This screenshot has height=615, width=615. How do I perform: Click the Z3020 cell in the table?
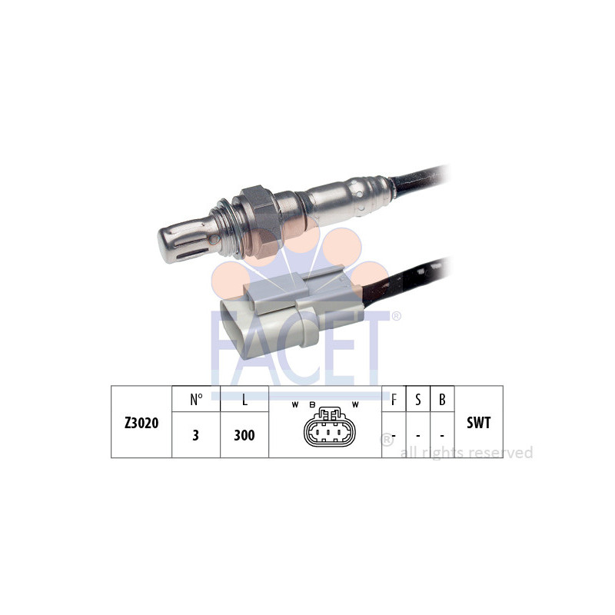point(141,422)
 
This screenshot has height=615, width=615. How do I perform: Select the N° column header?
point(196,400)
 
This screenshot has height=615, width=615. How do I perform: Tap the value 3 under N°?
point(196,435)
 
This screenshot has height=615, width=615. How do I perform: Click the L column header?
point(244,400)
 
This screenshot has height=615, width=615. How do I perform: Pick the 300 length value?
point(244,435)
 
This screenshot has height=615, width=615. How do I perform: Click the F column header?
point(394,400)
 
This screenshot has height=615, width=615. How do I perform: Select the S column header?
point(417,400)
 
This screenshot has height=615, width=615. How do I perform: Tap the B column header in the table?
point(442,400)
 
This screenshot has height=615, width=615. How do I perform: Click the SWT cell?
point(478,422)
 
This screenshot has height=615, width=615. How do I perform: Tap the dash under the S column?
point(417,436)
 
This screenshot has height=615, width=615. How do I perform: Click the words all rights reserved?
point(466,453)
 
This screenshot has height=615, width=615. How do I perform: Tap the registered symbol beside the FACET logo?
point(397,316)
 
